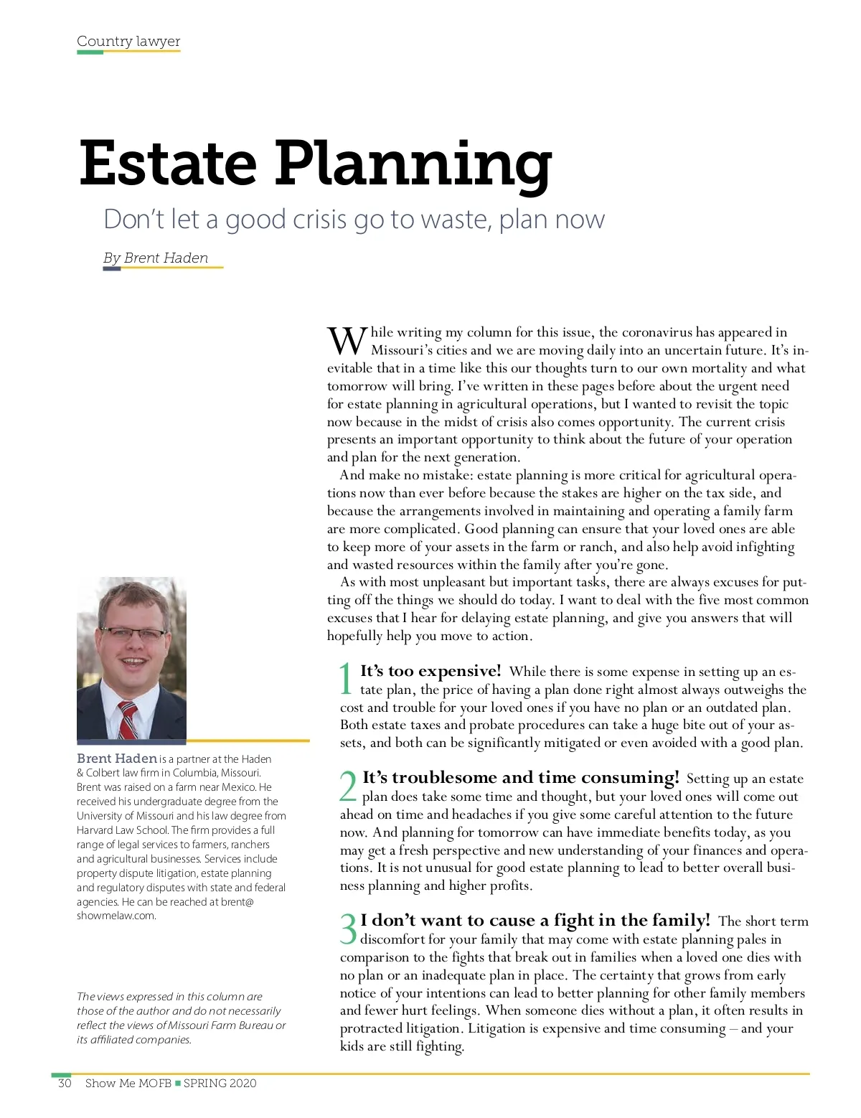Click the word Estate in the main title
[x=168, y=163]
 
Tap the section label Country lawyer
[x=128, y=41]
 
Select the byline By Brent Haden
[x=156, y=258]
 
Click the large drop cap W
[x=347, y=341]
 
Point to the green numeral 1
[x=346, y=679]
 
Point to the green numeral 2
[x=348, y=786]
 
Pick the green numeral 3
[x=348, y=929]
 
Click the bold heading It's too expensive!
[x=430, y=671]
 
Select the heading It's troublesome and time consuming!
[x=520, y=777]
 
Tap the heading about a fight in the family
[x=535, y=920]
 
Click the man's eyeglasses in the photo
[x=133, y=634]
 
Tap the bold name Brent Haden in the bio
[x=117, y=758]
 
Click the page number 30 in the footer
[x=65, y=1083]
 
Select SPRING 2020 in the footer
[x=220, y=1083]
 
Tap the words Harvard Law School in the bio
[x=122, y=830]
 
